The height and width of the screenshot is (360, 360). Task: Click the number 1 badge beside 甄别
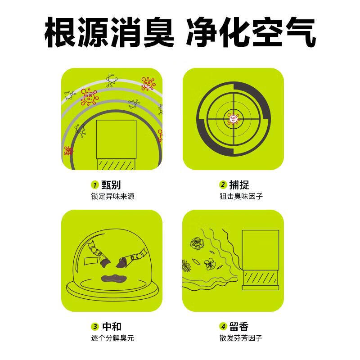(95, 185)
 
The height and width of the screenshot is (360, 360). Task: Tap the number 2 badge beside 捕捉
(222, 185)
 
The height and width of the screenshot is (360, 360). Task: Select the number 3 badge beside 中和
(95, 327)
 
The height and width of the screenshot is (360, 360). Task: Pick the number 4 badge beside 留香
(222, 327)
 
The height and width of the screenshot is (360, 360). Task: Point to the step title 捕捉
(239, 185)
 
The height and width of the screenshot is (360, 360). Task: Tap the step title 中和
(111, 327)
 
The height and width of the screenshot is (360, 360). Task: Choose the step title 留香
(239, 327)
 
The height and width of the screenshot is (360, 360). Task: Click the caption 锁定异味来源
(112, 196)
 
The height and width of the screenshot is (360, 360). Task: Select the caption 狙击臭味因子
(241, 196)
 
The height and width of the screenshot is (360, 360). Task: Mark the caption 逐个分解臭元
(112, 338)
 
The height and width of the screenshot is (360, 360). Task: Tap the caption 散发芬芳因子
(241, 338)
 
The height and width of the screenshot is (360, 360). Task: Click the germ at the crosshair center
(233, 119)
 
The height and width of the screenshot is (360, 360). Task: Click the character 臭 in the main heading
(154, 32)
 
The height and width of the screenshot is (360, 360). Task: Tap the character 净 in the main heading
(203, 32)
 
